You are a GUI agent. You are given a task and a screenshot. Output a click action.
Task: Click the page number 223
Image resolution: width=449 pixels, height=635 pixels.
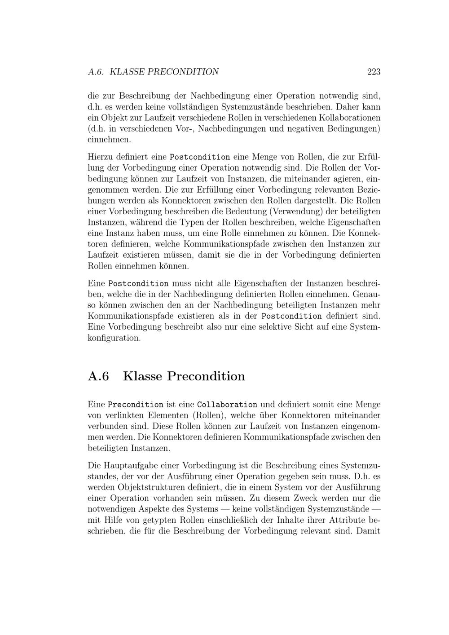coord(374,71)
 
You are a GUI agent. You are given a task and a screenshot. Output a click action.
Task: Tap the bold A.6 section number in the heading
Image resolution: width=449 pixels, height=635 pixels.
coord(98,376)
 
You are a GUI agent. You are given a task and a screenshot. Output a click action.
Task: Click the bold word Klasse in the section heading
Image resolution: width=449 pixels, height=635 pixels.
coord(142,376)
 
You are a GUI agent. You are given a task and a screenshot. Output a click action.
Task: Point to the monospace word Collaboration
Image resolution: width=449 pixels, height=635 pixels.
coord(227,405)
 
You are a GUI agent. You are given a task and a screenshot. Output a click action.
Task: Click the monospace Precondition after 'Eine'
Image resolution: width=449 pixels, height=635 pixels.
coord(136,405)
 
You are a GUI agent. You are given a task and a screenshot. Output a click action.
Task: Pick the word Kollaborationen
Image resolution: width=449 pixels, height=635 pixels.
coord(349,118)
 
